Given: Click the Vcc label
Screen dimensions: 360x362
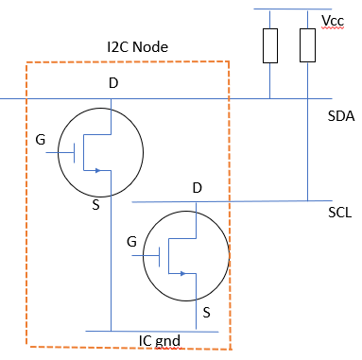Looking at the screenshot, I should pos(333,21).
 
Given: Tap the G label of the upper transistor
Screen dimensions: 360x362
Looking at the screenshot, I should pos(40,139).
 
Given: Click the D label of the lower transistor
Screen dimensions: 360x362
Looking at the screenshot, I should pos(197,188).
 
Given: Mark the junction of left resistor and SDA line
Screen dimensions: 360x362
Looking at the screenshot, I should pos(270,98).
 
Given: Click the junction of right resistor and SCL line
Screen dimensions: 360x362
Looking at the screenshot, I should pos(308,200).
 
